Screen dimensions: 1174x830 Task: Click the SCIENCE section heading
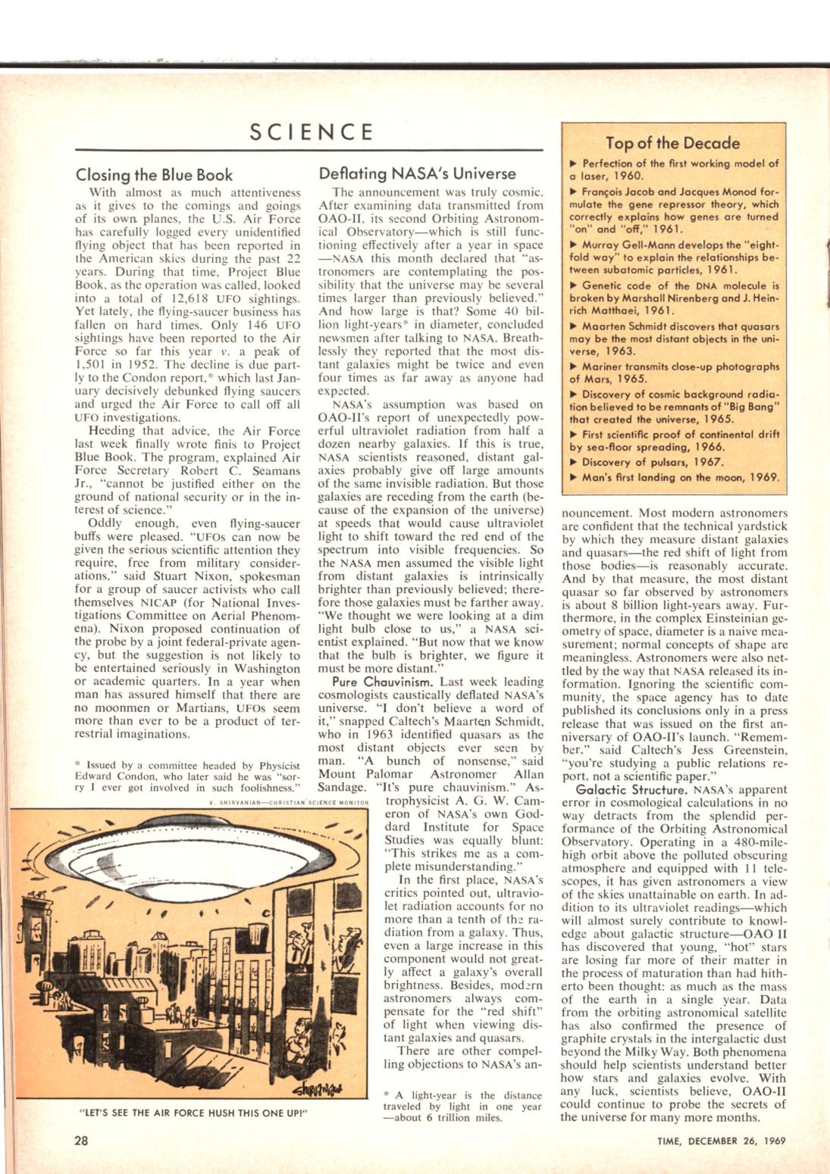coord(312,132)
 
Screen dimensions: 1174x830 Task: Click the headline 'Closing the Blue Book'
coord(155,175)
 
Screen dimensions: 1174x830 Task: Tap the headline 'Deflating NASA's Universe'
coord(417,173)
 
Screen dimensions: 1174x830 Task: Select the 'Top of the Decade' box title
coord(672,142)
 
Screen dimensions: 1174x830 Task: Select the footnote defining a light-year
coord(463,1106)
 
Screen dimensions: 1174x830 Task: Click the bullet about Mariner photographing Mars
coord(673,373)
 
